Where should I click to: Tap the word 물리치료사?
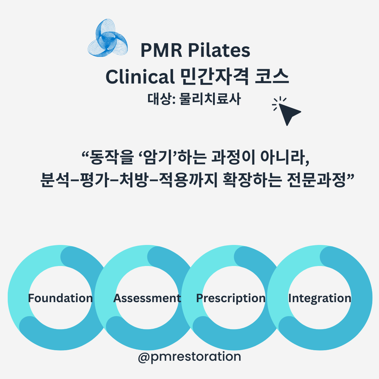pyautogui.click(x=210, y=99)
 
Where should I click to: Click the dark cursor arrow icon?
pyautogui.click(x=289, y=112)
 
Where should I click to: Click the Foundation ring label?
pyautogui.click(x=60, y=298)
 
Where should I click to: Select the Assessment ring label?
pyautogui.click(x=147, y=298)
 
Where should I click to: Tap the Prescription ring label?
pyautogui.click(x=231, y=298)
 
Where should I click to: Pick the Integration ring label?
pyautogui.click(x=319, y=298)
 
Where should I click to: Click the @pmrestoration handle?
pyautogui.click(x=189, y=357)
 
